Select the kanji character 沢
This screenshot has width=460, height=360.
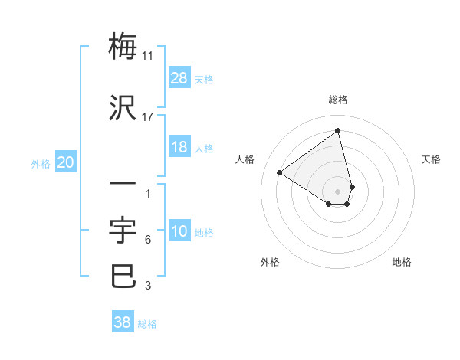(x=123, y=106)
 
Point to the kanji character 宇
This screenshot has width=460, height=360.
(x=123, y=229)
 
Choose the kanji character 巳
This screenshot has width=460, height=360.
(x=123, y=276)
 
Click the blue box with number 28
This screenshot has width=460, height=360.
(x=179, y=78)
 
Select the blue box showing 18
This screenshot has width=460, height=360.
(x=179, y=147)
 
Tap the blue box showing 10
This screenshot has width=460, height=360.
(x=179, y=231)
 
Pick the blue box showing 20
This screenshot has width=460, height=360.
(x=66, y=162)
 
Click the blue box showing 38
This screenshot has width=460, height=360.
(x=123, y=322)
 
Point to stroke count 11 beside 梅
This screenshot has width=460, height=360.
(x=148, y=56)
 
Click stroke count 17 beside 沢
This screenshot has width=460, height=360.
(x=148, y=116)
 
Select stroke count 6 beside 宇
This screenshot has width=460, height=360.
(x=148, y=240)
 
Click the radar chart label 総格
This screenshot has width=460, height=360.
(x=338, y=100)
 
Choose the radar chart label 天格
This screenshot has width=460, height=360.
(x=432, y=159)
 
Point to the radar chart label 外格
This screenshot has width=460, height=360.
(x=270, y=262)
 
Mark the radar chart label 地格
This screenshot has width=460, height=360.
(x=402, y=262)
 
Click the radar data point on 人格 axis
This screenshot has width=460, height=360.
(x=280, y=172)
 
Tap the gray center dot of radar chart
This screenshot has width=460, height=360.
(x=338, y=191)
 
